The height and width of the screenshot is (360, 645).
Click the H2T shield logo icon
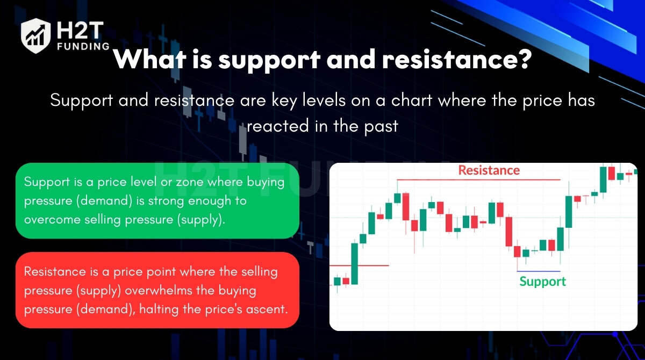tap(35, 35)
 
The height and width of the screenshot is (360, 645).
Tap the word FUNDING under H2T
tap(83, 46)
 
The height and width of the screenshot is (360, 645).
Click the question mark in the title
tap(524, 59)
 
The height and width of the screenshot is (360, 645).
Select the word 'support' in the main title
tap(269, 61)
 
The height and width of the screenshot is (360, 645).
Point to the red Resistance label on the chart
tap(489, 170)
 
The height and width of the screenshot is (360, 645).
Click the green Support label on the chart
tap(542, 282)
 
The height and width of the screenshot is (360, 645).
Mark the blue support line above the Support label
tap(539, 271)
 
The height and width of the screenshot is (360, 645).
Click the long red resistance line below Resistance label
tap(478, 180)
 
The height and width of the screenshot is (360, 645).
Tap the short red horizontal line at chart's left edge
tap(360, 265)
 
